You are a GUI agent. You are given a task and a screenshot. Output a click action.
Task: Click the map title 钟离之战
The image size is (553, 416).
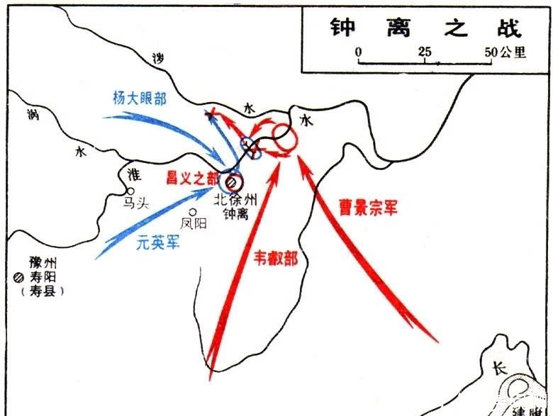click(425, 28)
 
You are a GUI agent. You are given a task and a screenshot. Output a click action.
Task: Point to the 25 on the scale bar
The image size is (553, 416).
click(425, 52)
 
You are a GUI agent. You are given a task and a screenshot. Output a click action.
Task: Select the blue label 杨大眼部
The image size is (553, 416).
click(140, 99)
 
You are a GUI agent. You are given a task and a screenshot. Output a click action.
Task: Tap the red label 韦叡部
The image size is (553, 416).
click(275, 258)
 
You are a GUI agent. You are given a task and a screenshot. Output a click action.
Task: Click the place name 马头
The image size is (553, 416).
click(136, 203)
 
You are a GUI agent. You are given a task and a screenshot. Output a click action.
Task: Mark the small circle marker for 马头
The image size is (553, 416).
click(130, 191)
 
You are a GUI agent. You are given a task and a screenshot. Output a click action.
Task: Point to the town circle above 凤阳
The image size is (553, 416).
click(192, 211)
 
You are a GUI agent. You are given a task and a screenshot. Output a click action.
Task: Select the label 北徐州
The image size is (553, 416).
click(238, 199)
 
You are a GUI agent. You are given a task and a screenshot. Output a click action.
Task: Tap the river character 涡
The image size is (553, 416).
click(32, 113)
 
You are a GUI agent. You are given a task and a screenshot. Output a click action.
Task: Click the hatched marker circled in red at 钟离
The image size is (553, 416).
click(231, 182)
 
